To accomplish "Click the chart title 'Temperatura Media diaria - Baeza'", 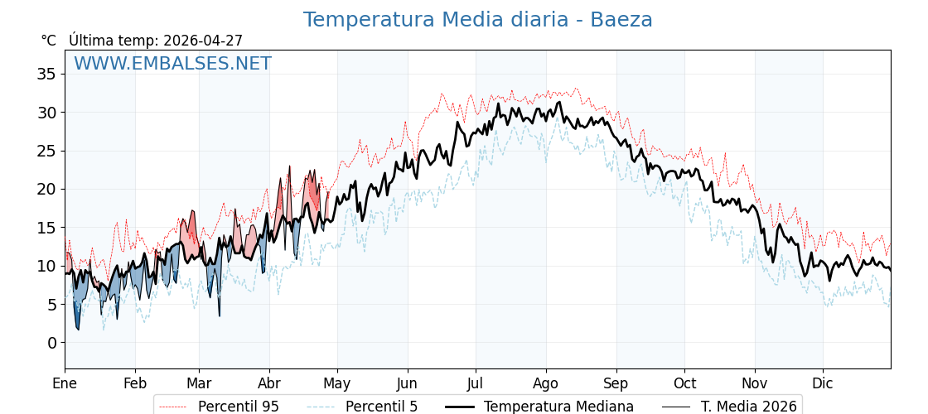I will coord(477,20).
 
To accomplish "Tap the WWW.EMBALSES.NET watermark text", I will coord(172,64).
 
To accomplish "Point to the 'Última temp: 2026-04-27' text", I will coord(156,41).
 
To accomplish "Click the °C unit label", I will coord(49,41).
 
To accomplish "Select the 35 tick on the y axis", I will coord(46,74).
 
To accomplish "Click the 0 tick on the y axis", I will coord(51,343).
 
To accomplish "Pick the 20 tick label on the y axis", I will coord(46,189).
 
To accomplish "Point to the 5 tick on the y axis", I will coord(51,305).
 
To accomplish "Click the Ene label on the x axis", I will coord(65,383).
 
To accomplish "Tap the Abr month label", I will coord(269,383).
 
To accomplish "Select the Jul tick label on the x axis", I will coord(476,383).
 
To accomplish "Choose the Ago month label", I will coord(546,383).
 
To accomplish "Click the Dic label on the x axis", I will coord(823,383).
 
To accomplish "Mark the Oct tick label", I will coord(684,383).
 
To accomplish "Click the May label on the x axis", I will coord(337,383).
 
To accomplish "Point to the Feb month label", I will coord(135,383).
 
